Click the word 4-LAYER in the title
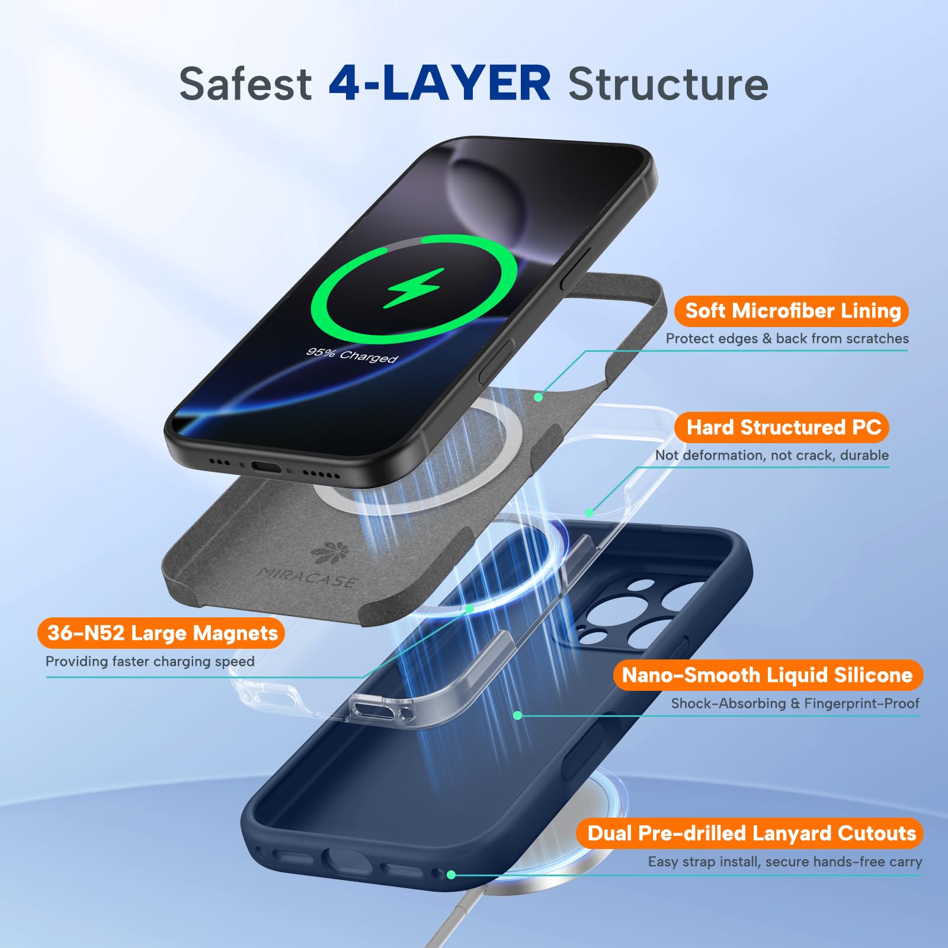pyautogui.click(x=440, y=83)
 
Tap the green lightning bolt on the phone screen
pyautogui.click(x=414, y=288)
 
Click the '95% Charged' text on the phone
pyautogui.click(x=352, y=355)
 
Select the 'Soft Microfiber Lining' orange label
pyautogui.click(x=792, y=311)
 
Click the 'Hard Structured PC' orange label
pyautogui.click(x=783, y=427)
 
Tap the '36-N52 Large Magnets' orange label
pyautogui.click(x=161, y=633)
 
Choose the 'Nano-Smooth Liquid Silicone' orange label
pyautogui.click(x=767, y=675)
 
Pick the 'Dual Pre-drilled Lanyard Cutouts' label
pyautogui.click(x=751, y=833)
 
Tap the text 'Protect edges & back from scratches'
pyautogui.click(x=787, y=338)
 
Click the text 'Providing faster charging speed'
pyautogui.click(x=150, y=661)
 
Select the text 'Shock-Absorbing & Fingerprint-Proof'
pyautogui.click(x=795, y=703)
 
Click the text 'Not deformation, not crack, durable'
pyautogui.click(x=772, y=455)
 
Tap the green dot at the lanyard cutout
pyautogui.click(x=451, y=875)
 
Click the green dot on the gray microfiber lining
pyautogui.click(x=538, y=397)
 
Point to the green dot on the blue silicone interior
pyautogui.click(x=517, y=715)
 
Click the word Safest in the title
pyautogui.click(x=245, y=84)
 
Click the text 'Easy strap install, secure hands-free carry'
pyautogui.click(x=784, y=861)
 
